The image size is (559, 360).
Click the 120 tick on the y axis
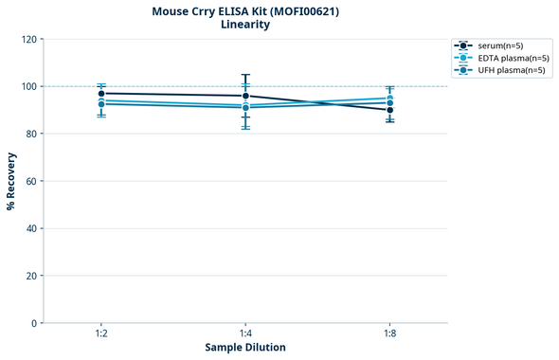coord(28,39)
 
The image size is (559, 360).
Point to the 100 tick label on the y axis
coord(28,86)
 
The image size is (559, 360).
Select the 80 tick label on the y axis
coord(31,134)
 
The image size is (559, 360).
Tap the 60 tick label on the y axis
coord(31,181)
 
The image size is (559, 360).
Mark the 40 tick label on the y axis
coord(31,228)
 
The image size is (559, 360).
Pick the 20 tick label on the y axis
coord(31,276)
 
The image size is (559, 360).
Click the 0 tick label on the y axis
coord(34,323)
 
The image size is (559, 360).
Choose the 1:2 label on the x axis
coord(101,334)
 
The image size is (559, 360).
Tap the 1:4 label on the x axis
coord(245,334)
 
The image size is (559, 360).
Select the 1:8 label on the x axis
coord(389,334)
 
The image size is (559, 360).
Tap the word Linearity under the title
coord(245,25)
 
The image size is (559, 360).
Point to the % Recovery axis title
coord(11,181)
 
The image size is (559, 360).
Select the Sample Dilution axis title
coord(245,348)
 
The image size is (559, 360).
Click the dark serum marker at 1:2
coord(101,94)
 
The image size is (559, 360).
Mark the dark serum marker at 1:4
coord(245,96)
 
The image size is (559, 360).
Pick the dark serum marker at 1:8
coord(389,110)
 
